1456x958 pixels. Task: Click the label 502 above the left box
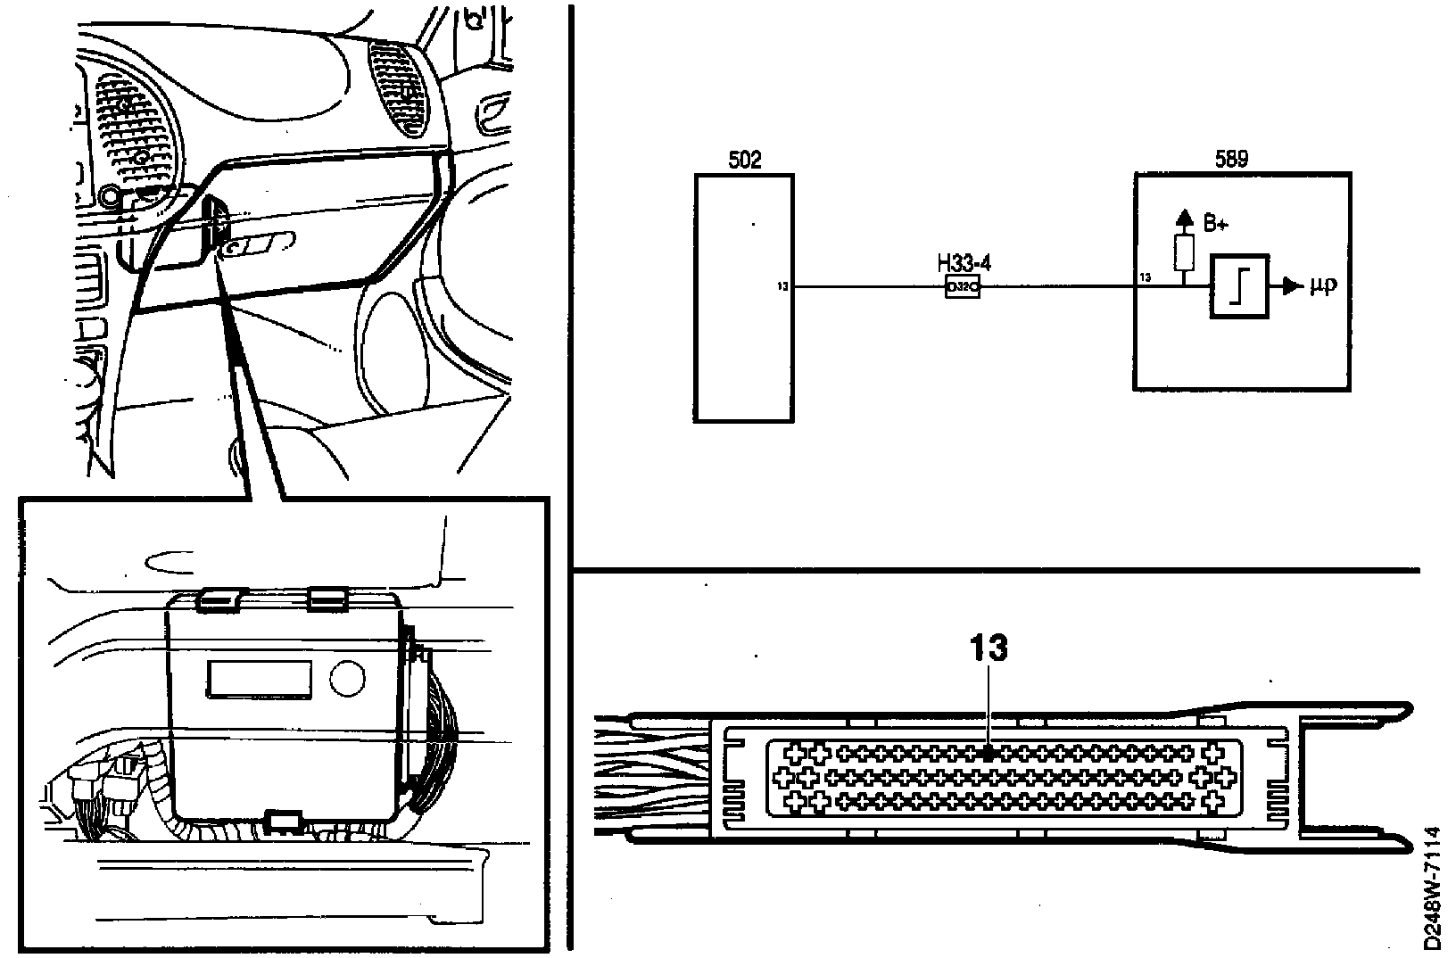[x=745, y=161]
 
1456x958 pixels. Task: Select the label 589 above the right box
[x=1231, y=160]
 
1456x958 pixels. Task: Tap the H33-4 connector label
[x=964, y=266]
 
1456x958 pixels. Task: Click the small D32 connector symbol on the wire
[x=963, y=287]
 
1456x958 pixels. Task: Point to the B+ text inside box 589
[x=1216, y=225]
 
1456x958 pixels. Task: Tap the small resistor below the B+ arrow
[x=1184, y=254]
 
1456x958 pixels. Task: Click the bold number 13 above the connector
[x=989, y=648]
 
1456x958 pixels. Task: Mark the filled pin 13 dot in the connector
[x=989, y=753]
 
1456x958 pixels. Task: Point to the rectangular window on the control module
[x=260, y=679]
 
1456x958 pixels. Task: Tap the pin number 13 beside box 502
[x=782, y=287]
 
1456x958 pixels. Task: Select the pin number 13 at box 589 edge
[x=1146, y=277]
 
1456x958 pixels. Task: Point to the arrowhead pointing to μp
[x=1291, y=286]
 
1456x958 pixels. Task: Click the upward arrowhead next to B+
[x=1184, y=216]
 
